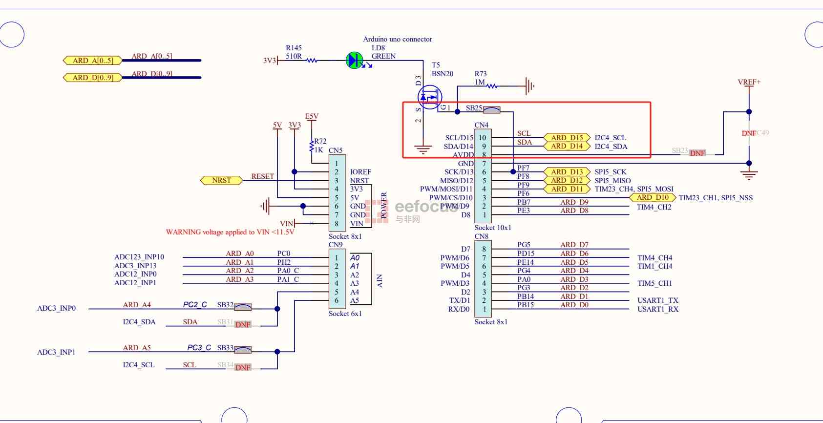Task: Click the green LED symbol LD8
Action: (354, 61)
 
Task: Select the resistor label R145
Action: (294, 48)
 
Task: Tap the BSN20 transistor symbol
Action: (430, 97)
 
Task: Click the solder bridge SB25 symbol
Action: (491, 110)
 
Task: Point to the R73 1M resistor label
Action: (481, 74)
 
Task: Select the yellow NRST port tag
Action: (222, 180)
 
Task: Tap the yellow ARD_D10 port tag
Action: (653, 197)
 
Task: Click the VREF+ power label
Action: (749, 82)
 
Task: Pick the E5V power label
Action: (312, 116)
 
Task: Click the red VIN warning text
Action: (230, 232)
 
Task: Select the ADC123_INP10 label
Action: (139, 257)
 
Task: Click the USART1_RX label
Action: (657, 309)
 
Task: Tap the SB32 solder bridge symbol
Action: (243, 307)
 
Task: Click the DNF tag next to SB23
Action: (697, 153)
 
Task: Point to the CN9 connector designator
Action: (336, 244)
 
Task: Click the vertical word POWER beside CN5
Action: (384, 205)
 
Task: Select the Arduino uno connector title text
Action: (398, 39)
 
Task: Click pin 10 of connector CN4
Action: (483, 138)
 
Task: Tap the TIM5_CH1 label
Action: (654, 283)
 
